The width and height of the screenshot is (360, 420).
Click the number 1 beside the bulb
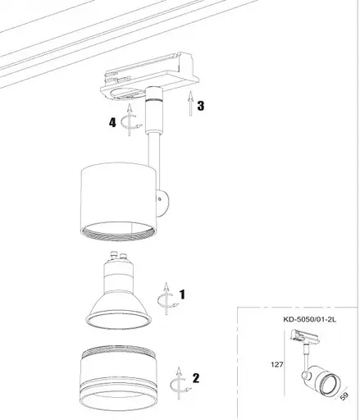[x=182, y=293]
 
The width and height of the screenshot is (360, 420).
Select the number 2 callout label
[x=195, y=378]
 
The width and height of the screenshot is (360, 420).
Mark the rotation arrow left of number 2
[x=176, y=381]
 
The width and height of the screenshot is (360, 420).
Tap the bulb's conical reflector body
[x=120, y=304]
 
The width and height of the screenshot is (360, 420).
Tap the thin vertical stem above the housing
[x=152, y=148]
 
